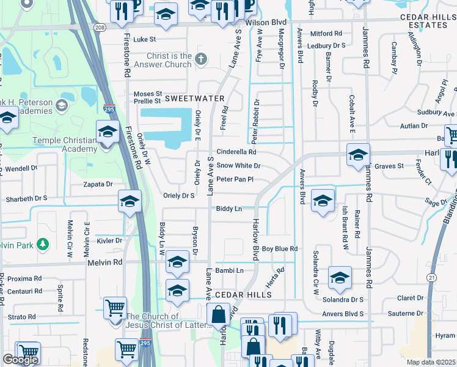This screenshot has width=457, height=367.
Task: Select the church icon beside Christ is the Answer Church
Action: click(202, 59)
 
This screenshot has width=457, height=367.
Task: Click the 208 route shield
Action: click(100, 27)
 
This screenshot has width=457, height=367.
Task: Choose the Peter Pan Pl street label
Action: click(235, 179)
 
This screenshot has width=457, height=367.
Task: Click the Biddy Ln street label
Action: click(228, 209)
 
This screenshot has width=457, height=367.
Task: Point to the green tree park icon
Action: click(42, 245)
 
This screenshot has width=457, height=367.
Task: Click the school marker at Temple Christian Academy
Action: click(108, 132)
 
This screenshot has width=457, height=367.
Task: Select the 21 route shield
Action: click(433, 278)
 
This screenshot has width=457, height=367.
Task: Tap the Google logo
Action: click(20, 359)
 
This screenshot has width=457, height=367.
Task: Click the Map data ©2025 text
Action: click(430, 362)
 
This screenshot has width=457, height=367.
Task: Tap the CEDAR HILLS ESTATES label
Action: click(424, 23)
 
